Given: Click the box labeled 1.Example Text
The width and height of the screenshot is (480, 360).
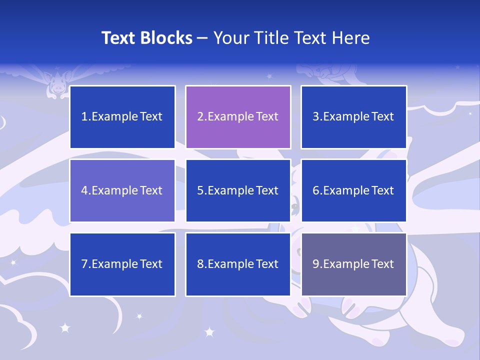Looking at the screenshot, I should click(122, 117).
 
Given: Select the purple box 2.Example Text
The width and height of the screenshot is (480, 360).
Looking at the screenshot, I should click(238, 117).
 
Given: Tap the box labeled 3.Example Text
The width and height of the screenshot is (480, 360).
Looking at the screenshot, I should click(353, 117).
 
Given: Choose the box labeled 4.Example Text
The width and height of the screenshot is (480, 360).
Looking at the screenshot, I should click(122, 190).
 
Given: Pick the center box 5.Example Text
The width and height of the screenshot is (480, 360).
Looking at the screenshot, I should click(238, 190).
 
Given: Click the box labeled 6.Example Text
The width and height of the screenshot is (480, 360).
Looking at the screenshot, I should click(353, 190).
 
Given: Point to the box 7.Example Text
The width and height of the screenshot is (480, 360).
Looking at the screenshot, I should click(122, 264).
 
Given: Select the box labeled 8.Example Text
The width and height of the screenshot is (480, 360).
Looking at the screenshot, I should click(238, 264).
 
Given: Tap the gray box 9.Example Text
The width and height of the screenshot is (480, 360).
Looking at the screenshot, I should click(353, 264).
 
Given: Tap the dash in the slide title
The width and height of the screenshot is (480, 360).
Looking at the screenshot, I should click(202, 38).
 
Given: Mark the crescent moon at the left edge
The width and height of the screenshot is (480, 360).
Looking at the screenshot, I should click(3, 122).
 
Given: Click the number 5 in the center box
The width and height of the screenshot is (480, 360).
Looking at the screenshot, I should click(200, 190).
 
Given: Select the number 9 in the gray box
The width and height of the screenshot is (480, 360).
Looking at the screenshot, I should click(316, 264).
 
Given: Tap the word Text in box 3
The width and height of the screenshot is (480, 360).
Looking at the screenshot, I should click(382, 117).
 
